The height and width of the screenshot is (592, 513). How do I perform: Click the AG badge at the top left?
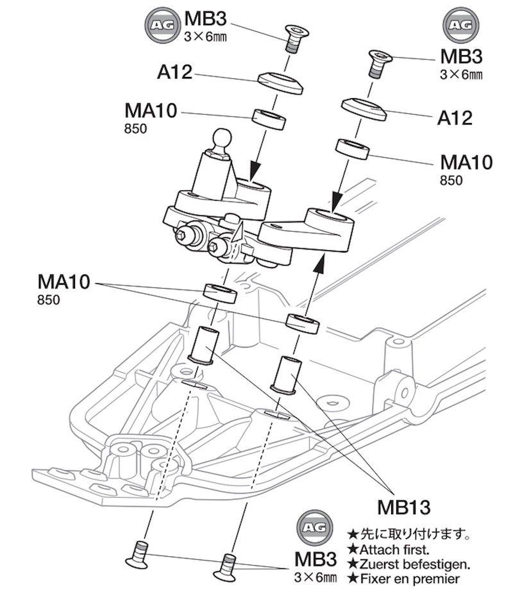click(163, 25)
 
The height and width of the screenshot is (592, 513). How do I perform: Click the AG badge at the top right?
click(461, 25)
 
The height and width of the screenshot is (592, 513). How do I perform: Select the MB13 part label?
click(403, 507)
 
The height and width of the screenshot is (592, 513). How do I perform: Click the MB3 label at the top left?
click(205, 19)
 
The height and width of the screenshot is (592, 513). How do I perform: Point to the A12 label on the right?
click(455, 118)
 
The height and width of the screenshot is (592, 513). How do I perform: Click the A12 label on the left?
click(174, 72)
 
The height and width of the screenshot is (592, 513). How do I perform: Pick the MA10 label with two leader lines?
click(63, 282)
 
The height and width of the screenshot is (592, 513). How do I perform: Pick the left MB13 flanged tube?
click(204, 345)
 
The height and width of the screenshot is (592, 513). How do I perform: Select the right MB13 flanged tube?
click(286, 375)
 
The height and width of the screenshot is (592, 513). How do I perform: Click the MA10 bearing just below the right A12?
click(353, 149)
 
